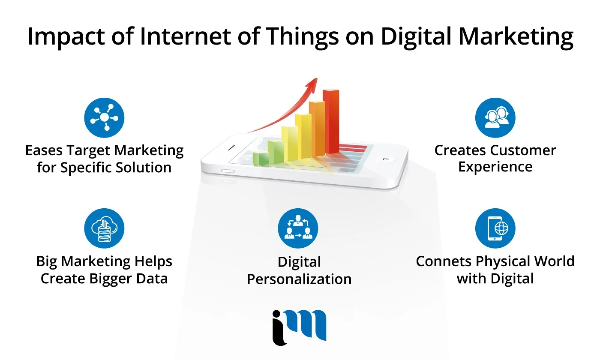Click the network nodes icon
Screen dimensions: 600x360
[104, 117]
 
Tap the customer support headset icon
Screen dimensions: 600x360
[495, 117]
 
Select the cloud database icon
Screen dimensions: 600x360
[104, 228]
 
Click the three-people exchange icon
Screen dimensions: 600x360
[298, 228]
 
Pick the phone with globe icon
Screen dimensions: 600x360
[495, 228]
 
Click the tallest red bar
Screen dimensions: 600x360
[331, 122]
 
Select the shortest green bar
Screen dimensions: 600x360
[261, 159]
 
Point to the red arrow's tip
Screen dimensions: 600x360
[317, 78]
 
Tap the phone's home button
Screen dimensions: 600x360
[386, 159]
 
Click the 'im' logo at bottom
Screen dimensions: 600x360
[299, 327]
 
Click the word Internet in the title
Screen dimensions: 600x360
[185, 36]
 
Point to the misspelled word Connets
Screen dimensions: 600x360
[443, 261]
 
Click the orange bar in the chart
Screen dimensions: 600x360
[317, 129]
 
